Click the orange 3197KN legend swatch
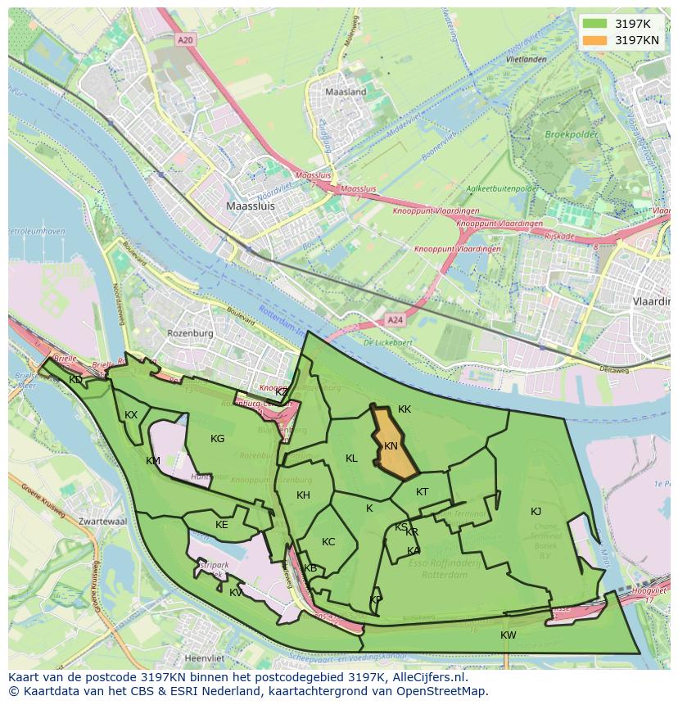595,40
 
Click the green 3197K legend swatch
595,23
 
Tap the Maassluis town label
251,207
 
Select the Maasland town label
346,93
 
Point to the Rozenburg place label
190,334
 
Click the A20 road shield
186,38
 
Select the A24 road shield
395,320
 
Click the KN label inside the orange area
391,446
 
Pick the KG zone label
217,439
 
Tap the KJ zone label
536,512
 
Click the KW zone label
508,635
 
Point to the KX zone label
131,415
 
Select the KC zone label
328,542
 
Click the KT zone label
422,492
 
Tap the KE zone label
221,525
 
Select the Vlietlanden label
526,60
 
